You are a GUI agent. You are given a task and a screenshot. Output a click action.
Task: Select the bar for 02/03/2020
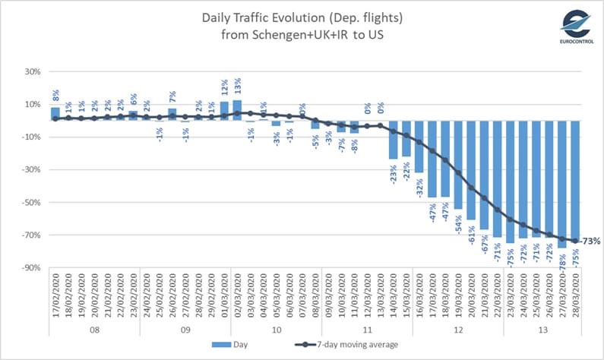point(237,111)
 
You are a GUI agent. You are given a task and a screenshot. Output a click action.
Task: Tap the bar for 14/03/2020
point(393,140)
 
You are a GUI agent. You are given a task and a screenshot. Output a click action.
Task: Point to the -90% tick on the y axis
point(33,267)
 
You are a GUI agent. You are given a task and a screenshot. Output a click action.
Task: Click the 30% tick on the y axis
point(34,72)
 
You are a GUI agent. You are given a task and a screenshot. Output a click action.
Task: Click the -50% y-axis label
point(33,202)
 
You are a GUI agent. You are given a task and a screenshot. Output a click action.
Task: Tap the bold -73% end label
point(590,242)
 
